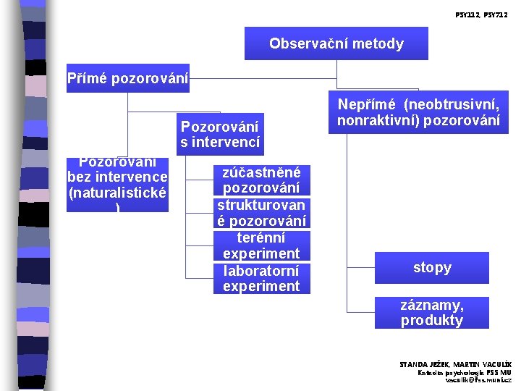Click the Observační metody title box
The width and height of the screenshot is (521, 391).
(336, 43)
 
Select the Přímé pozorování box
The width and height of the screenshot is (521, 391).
(127, 78)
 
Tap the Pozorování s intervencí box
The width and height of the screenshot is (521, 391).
(220, 134)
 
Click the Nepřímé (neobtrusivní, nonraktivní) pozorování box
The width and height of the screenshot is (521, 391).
(418, 112)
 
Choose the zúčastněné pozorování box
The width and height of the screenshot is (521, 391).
(261, 180)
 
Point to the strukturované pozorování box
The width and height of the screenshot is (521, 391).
(261, 213)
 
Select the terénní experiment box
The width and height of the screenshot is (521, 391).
(261, 245)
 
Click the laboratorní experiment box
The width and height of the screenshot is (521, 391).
(261, 278)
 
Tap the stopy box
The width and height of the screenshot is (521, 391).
(432, 268)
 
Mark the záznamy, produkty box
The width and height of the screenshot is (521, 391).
(432, 313)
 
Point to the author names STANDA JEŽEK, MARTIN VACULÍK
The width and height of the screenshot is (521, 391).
(455, 363)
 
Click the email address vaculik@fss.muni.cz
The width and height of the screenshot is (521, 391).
(478, 379)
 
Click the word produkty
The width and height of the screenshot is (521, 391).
(432, 321)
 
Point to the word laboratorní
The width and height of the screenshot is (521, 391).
(261, 271)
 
